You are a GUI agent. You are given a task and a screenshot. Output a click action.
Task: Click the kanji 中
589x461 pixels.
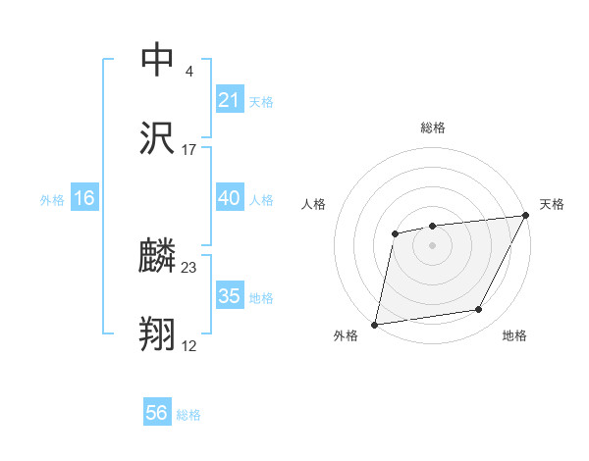158,59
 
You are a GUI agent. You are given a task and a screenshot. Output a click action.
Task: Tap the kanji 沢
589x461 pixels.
158,139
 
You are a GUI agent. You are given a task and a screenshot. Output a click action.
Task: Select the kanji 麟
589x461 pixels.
158,257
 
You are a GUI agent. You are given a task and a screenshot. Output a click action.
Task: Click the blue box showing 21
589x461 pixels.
229,100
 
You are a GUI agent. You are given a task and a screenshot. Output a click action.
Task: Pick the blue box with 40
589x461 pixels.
229,198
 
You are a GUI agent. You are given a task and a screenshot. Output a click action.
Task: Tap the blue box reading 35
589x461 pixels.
229,296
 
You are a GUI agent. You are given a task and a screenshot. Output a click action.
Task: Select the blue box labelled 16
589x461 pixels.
84,198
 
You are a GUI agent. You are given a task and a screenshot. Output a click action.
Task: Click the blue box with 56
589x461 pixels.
157,413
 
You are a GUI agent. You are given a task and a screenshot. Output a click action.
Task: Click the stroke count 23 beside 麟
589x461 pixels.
189,267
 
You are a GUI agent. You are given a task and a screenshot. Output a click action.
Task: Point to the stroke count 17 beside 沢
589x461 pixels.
189,150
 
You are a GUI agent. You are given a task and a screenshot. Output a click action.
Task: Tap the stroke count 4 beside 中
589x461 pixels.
189,71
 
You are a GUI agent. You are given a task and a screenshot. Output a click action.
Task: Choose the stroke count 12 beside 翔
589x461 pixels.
189,346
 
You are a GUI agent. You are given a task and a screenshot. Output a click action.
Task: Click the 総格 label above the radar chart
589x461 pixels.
432,128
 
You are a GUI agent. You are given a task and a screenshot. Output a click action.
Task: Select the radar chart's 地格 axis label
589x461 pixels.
514,336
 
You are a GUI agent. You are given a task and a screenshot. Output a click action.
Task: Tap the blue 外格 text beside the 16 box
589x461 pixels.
52,200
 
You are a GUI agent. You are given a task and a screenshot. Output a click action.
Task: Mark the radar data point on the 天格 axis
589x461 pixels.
527,215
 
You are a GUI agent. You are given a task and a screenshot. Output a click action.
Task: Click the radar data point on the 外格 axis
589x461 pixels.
375,324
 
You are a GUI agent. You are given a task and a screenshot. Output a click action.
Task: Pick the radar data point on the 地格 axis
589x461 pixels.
479,310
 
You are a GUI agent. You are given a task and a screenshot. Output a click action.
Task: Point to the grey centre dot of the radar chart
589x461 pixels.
432,244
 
